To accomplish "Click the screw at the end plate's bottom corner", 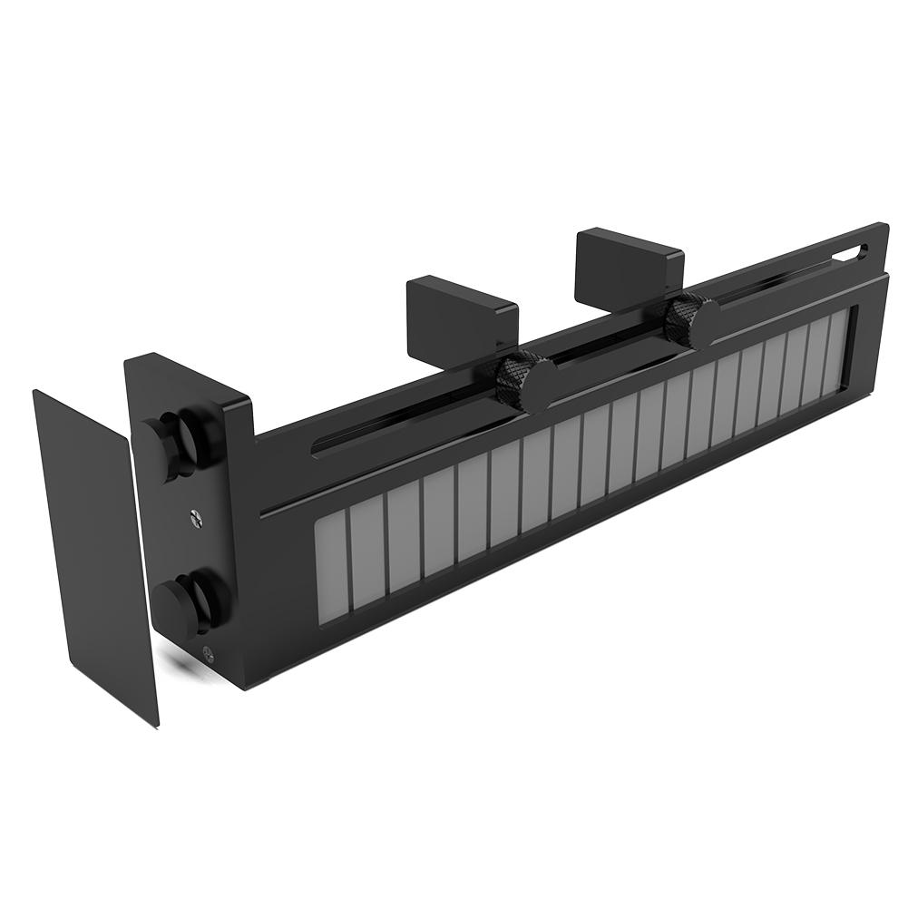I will [209, 649].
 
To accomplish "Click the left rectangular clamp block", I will [461, 312].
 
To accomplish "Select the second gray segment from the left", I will [367, 548].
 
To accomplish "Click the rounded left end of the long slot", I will [317, 444].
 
